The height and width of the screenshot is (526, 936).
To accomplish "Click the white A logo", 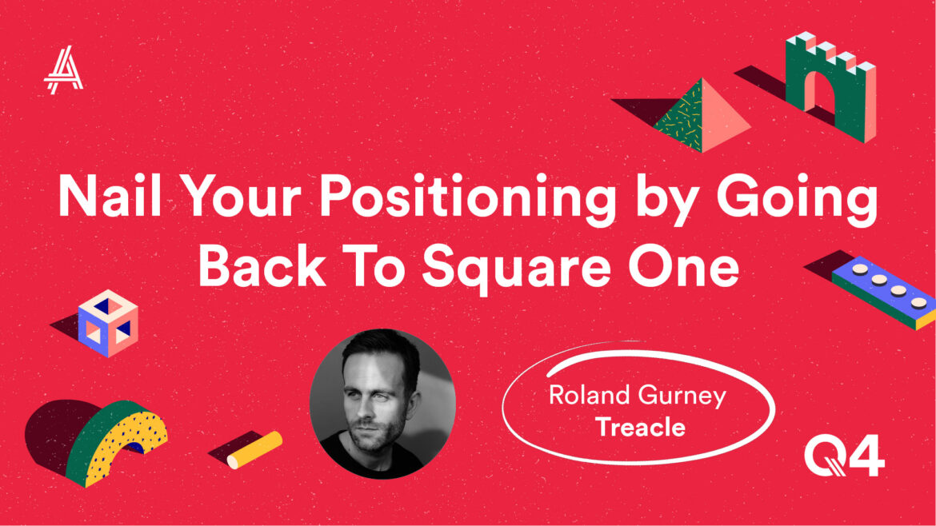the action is coord(63,70).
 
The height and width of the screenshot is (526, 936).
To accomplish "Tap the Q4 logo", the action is coord(844,455).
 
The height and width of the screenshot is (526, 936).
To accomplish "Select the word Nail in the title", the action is coord(110,196).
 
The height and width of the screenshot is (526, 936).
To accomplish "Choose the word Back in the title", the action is coord(262,265).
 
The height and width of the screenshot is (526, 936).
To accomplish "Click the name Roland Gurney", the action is coord(637,396).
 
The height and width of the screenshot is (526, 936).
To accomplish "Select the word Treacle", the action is coord(640,427).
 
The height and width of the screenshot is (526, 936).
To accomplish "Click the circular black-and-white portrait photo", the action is coord(382,404).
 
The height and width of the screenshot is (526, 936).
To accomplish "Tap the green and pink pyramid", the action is coord(702,115).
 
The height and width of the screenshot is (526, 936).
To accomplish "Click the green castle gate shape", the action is coord(831,87).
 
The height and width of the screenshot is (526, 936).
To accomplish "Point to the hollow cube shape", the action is coord(108,323).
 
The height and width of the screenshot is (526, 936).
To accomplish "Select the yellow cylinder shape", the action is coord(255,450).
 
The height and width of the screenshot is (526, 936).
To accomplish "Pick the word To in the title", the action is coord(373,265).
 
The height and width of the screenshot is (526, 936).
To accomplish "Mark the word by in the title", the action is coord(666,199).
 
